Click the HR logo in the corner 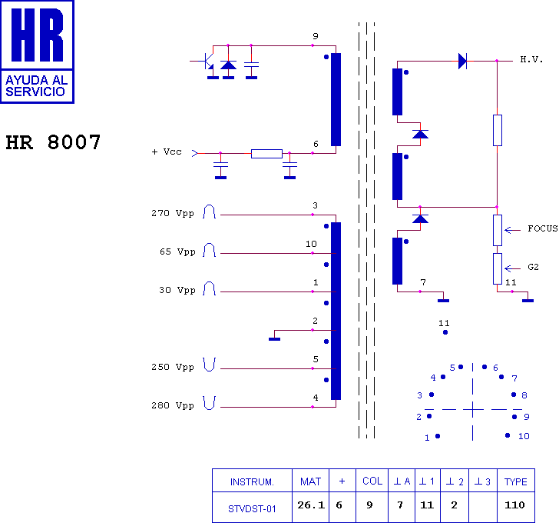(x=37, y=52)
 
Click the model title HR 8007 (x=53, y=143)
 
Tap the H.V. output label (x=531, y=59)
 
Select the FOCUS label (x=542, y=228)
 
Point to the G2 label (x=533, y=267)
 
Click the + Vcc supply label (x=167, y=152)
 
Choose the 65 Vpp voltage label (x=176, y=252)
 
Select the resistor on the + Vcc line (x=266, y=153)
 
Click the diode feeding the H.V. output (x=462, y=60)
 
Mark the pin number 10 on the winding (x=311, y=244)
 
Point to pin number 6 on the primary (x=316, y=144)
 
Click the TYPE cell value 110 (x=515, y=505)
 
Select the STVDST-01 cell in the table (x=252, y=508)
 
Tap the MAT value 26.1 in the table (x=310, y=505)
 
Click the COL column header (x=372, y=481)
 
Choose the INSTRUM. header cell (x=252, y=482)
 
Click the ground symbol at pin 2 (x=274, y=337)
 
